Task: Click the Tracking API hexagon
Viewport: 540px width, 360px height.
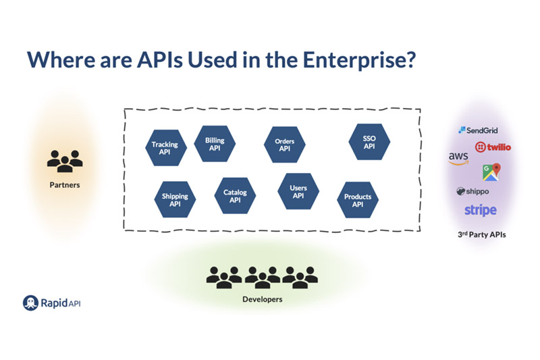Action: [165, 147]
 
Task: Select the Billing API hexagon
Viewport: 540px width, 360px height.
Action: [215, 144]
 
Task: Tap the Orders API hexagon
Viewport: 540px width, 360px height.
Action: [284, 145]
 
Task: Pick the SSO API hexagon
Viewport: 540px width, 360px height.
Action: [369, 142]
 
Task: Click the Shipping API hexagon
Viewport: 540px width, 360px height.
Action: [175, 199]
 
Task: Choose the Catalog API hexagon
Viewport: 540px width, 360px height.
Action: [235, 196]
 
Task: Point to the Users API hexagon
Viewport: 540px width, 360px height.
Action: [298, 191]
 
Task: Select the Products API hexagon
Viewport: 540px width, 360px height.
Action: [357, 200]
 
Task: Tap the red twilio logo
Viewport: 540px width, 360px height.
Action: [493, 147]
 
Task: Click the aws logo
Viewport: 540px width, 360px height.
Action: [458, 159]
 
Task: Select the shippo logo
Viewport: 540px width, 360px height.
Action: [473, 191]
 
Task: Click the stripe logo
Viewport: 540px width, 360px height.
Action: [480, 210]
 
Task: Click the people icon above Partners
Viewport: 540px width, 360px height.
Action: [65, 160]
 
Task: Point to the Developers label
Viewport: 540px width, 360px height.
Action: [262, 299]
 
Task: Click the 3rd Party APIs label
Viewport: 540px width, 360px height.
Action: [481, 235]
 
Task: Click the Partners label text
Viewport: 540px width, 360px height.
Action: [65, 184]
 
